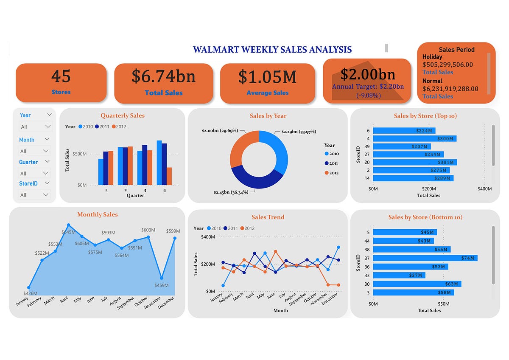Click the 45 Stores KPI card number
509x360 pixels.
coord(61,76)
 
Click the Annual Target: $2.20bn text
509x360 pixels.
coord(368,87)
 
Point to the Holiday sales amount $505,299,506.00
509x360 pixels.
coord(447,65)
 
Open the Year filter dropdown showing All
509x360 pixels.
coord(35,127)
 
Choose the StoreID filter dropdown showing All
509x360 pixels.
coord(35,195)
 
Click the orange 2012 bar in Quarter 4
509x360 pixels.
coord(169,176)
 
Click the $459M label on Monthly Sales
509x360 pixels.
coord(161,285)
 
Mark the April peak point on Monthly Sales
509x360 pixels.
coord(69,225)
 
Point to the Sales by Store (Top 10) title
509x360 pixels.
coord(425,116)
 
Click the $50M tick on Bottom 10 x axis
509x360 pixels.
coord(443,304)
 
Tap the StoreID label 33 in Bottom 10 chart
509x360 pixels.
coord(367,276)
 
